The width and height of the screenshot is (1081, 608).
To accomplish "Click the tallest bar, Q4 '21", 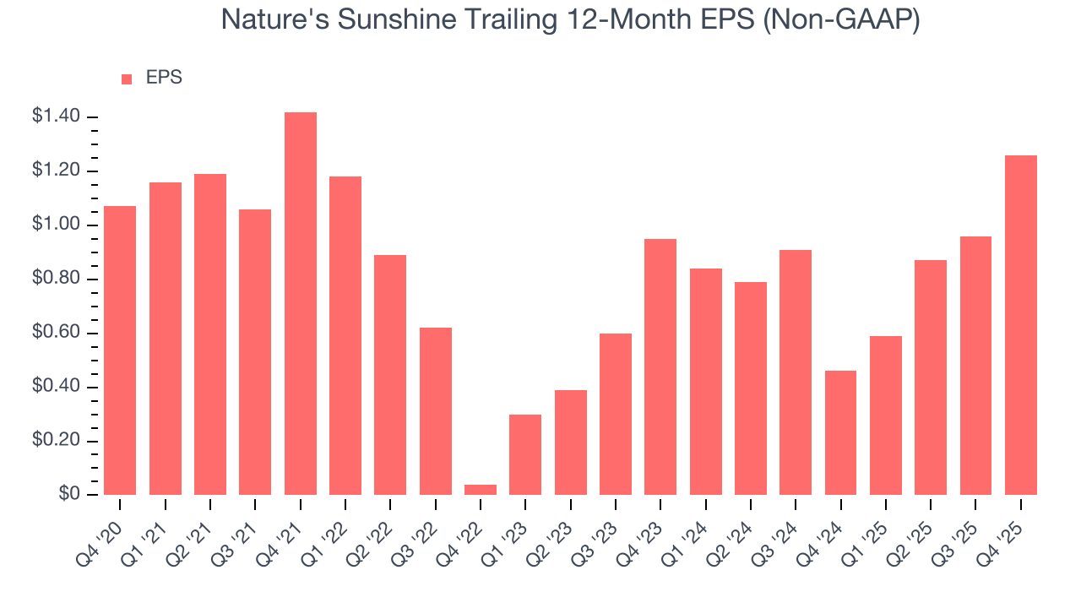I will (301, 304).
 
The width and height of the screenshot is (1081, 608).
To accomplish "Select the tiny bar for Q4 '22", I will (481, 490).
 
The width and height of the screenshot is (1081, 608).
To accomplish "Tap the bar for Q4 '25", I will (1021, 325).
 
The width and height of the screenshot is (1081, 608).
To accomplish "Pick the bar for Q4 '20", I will (120, 350).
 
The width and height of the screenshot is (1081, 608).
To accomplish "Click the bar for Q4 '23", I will (660, 367).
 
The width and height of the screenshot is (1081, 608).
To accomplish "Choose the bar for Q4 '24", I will (841, 432).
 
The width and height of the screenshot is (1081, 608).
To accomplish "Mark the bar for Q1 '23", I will (525, 454).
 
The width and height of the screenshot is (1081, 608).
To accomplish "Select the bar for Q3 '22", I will (436, 411).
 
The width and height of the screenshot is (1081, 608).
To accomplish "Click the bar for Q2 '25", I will (931, 377).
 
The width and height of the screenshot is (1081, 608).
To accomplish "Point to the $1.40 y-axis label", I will (56, 117).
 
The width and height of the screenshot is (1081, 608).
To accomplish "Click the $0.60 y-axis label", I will (56, 334).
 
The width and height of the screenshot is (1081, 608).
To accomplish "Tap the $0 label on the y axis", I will (68, 495).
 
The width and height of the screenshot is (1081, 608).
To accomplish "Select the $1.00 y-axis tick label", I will (56, 225).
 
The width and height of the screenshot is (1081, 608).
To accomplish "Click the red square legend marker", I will (127, 79).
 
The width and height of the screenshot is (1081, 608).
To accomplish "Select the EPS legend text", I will (164, 78).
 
